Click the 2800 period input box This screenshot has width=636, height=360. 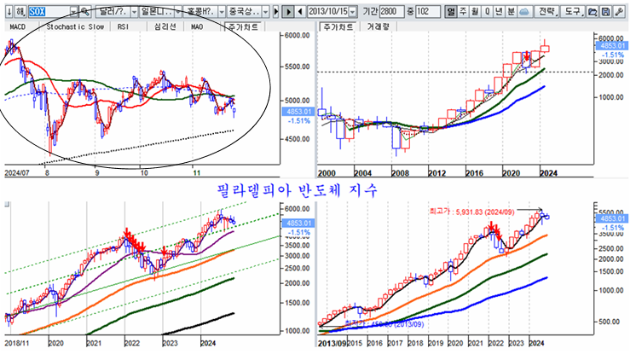[x=411, y=11]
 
